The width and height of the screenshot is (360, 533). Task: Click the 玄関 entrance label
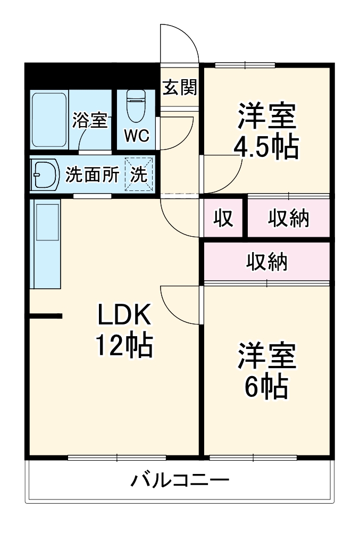point(179,87)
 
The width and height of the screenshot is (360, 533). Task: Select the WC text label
point(137,136)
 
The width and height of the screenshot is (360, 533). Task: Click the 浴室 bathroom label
point(90,121)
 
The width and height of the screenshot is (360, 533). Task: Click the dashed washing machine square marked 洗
point(139,175)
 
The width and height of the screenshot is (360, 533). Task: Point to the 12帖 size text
point(124,346)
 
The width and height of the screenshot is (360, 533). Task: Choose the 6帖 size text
point(266,387)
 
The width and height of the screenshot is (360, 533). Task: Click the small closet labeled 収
point(224,218)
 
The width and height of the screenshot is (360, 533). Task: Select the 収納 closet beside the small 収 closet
point(288,218)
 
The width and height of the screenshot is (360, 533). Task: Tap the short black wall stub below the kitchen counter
point(46,317)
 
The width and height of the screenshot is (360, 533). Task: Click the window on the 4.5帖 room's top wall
point(245,65)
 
